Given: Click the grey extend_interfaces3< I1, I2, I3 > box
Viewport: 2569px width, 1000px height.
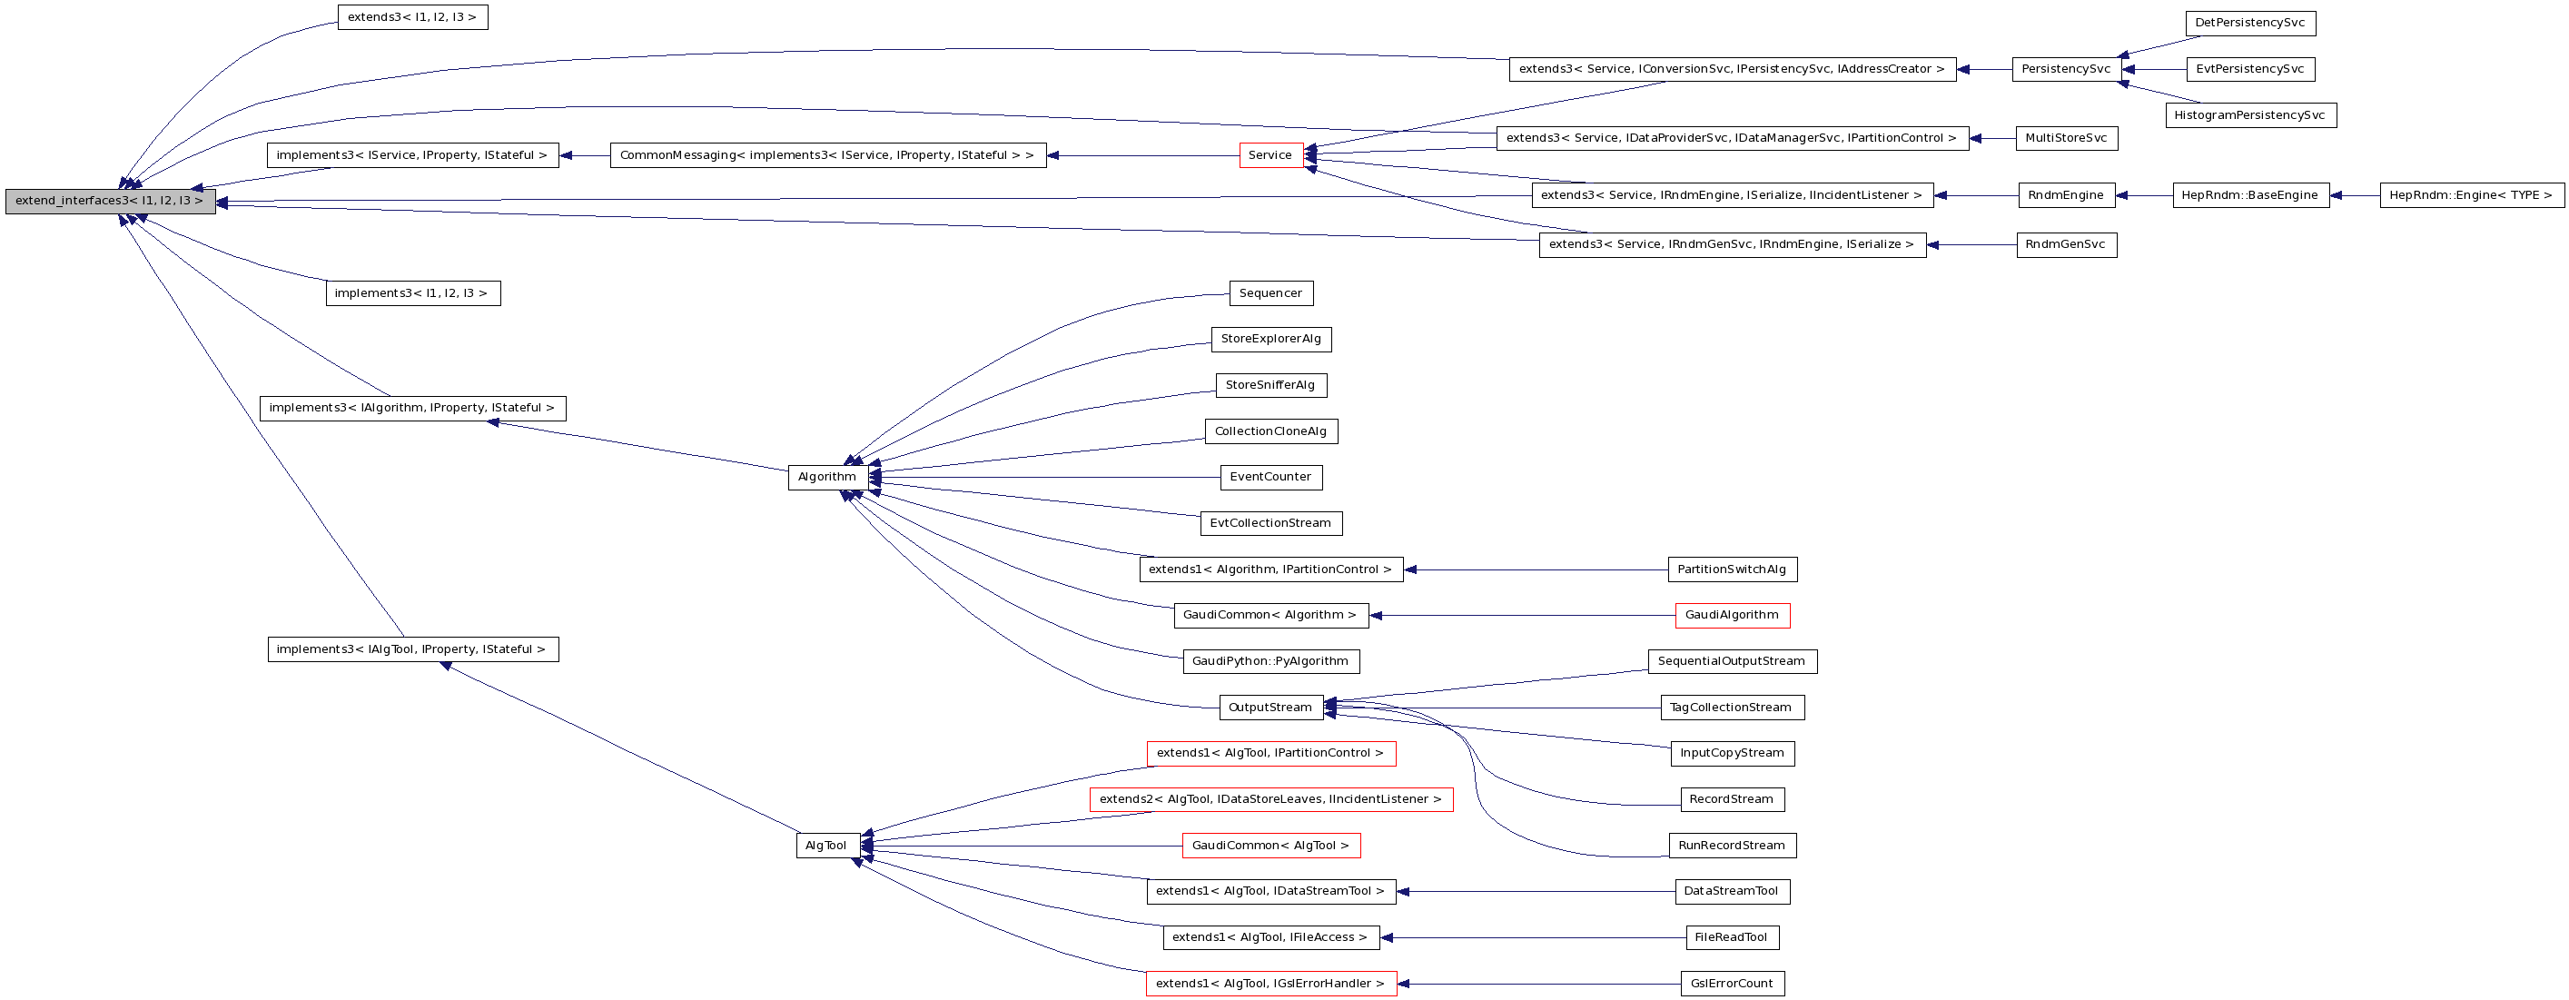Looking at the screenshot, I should (110, 202).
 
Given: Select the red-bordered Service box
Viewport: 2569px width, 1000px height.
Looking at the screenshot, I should (1270, 155).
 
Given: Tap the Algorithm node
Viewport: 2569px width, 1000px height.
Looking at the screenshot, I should (826, 478).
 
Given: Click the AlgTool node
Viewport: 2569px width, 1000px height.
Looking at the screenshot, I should (826, 847).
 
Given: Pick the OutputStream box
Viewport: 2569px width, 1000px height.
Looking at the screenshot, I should (1270, 708).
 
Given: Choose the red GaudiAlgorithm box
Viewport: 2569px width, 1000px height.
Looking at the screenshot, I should (1733, 616).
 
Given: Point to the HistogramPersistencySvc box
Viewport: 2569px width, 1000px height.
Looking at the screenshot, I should (2250, 115).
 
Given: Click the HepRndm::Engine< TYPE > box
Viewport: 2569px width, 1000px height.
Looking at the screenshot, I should (2470, 195).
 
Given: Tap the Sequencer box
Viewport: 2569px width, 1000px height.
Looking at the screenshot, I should (1270, 293).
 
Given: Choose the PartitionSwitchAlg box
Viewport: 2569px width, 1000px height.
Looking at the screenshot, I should (1733, 570).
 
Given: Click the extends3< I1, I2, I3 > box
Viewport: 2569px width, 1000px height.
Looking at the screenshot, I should (412, 18).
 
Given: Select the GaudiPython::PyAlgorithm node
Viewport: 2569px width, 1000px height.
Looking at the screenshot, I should (1270, 662).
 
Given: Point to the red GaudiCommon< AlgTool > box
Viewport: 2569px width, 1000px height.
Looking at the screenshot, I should (1270, 847).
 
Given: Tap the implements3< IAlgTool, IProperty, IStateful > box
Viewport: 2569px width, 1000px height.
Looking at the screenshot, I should (412, 650).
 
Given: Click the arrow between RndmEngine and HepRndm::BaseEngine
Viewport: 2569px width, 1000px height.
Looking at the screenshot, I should (2144, 196).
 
